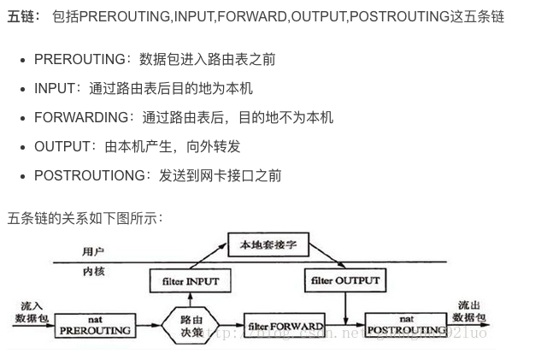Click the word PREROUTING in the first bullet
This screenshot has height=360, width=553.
tap(79, 59)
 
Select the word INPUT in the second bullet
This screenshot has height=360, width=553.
tap(55, 88)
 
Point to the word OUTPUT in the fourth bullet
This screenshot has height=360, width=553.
tap(62, 146)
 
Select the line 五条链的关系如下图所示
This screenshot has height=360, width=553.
tap(85, 218)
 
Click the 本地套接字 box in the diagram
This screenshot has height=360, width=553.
tap(268, 245)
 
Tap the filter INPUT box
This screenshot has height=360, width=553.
tap(190, 280)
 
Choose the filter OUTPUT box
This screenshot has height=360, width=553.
tap(344, 280)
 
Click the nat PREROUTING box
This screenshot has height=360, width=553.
tap(96, 325)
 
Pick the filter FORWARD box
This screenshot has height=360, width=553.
tap(285, 326)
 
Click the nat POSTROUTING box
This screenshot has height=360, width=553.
tap(406, 325)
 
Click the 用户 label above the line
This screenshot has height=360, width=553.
tap(93, 251)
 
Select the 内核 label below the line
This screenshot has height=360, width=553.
tap(93, 271)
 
